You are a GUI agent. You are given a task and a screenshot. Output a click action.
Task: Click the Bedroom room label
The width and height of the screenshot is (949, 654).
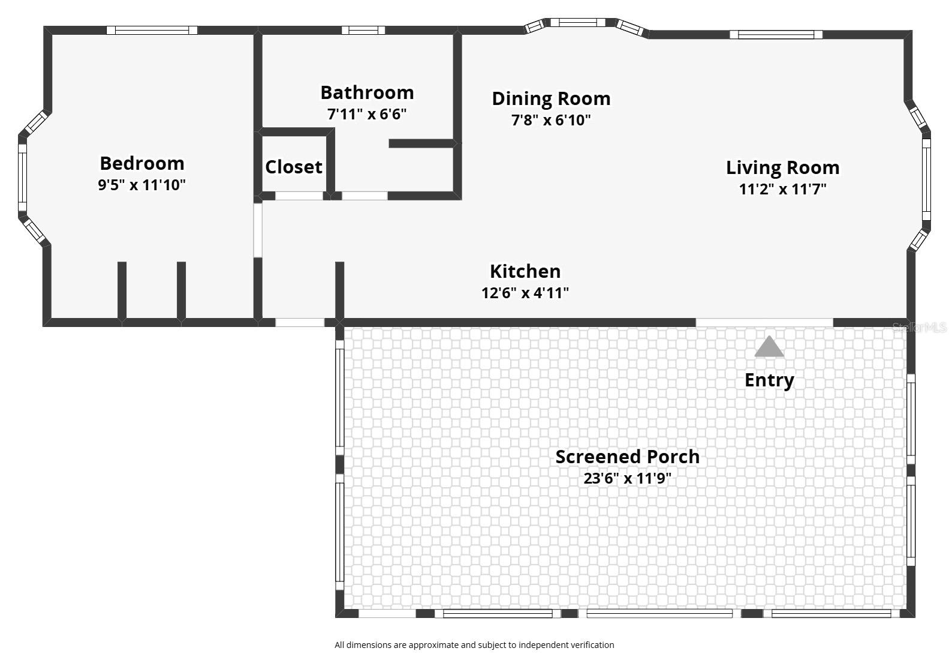pyautogui.click(x=142, y=163)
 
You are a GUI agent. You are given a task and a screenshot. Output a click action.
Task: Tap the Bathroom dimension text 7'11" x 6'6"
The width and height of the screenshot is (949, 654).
pyautogui.click(x=367, y=114)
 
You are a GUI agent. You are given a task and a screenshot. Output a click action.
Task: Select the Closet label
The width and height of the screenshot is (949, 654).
pyautogui.click(x=294, y=167)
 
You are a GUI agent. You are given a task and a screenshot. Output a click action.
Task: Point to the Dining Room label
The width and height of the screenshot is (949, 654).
pyautogui.click(x=551, y=98)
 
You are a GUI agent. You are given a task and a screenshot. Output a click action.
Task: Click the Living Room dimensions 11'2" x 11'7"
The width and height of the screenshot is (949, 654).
pyautogui.click(x=782, y=189)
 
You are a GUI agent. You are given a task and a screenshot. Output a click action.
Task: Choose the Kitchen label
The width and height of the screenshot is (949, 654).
pyautogui.click(x=525, y=271)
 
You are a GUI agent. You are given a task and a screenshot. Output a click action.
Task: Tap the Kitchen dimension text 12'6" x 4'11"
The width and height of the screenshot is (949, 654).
pyautogui.click(x=525, y=293)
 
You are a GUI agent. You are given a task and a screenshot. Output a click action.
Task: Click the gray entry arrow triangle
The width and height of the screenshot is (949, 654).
pyautogui.click(x=769, y=347)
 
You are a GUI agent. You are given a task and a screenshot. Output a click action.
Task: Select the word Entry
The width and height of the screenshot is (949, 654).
pyautogui.click(x=769, y=380)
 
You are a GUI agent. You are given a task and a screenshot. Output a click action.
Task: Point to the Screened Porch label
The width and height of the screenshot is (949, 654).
pyautogui.click(x=627, y=457)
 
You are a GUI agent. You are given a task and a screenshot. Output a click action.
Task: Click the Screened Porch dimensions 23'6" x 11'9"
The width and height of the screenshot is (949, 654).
pyautogui.click(x=627, y=479)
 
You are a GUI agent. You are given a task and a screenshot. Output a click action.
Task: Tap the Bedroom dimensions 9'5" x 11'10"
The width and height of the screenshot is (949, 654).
pyautogui.click(x=142, y=185)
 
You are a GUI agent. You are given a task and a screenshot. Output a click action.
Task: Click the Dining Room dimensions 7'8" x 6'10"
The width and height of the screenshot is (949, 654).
pyautogui.click(x=551, y=120)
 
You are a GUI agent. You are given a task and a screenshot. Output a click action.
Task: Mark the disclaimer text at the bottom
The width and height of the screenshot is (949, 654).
pyautogui.click(x=474, y=645)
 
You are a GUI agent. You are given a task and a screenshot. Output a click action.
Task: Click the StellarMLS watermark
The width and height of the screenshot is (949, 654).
pyautogui.click(x=919, y=327)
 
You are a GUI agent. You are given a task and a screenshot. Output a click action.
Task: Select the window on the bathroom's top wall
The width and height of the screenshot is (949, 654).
pyautogui.click(x=363, y=30)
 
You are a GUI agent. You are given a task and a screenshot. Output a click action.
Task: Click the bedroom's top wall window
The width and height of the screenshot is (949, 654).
pyautogui.click(x=152, y=30)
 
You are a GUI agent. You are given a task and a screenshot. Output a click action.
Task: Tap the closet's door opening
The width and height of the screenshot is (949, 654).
pyautogui.click(x=299, y=196)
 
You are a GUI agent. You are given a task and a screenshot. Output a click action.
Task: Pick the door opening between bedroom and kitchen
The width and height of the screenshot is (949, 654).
pyautogui.click(x=258, y=230)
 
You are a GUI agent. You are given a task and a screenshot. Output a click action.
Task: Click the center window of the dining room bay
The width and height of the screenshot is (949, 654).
pyautogui.click(x=578, y=23)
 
